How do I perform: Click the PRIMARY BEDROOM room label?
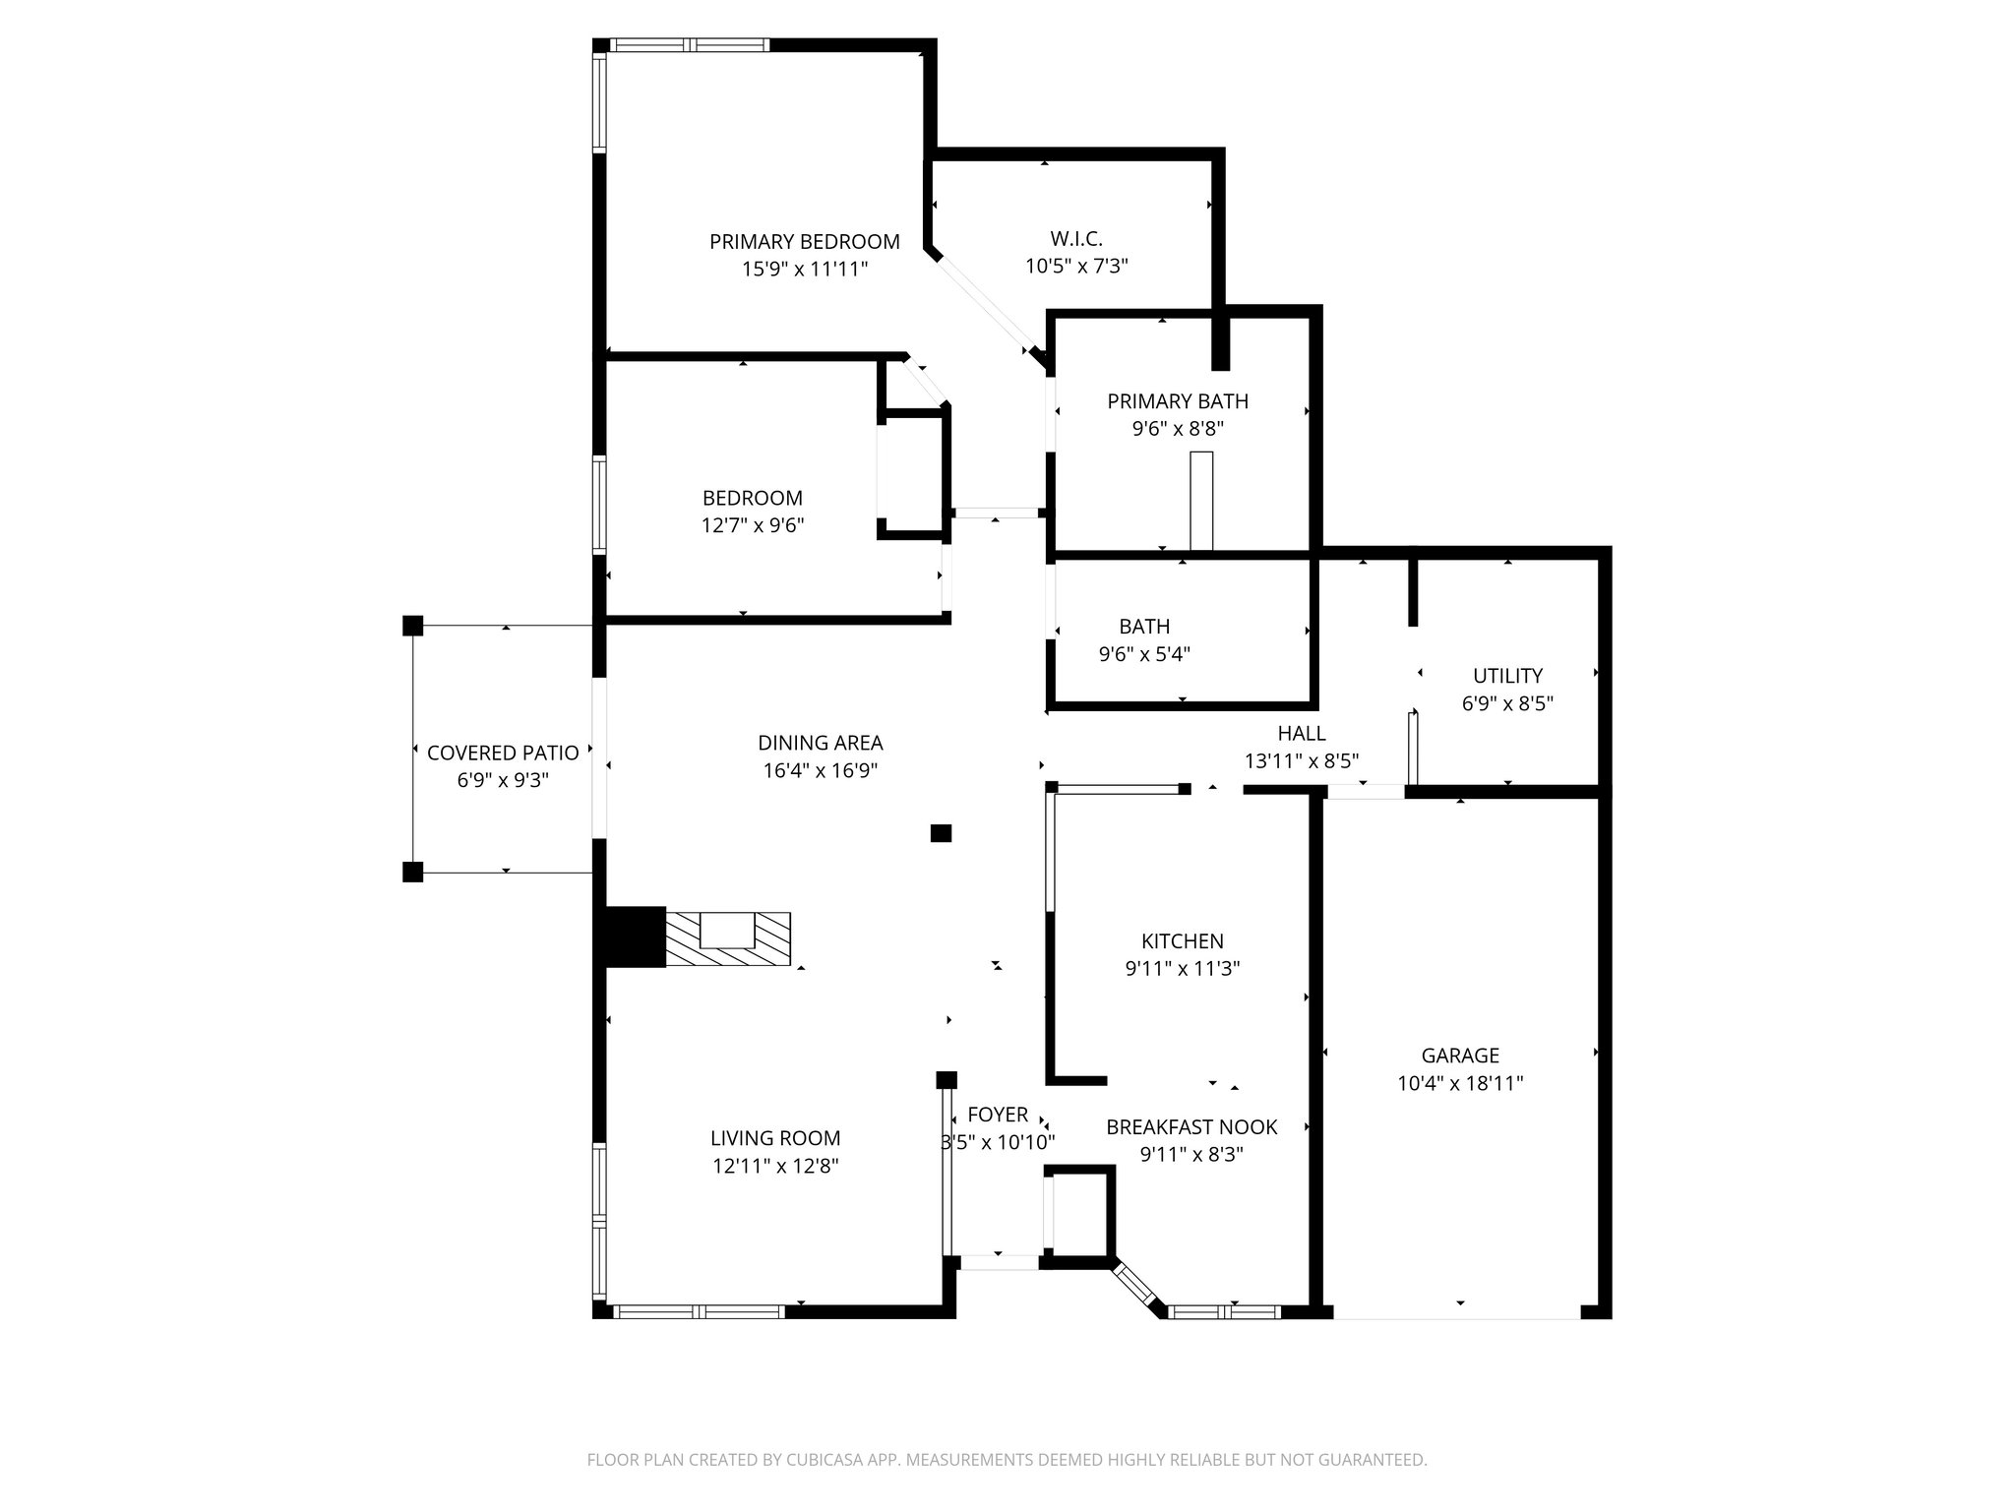pyautogui.click(x=805, y=241)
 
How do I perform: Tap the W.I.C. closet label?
pyautogui.click(x=1076, y=238)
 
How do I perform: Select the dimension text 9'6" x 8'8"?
pyautogui.click(x=1178, y=429)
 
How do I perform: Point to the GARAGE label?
pyautogui.click(x=1460, y=1056)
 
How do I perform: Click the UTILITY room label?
pyautogui.click(x=1507, y=676)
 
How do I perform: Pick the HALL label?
pyautogui.click(x=1302, y=733)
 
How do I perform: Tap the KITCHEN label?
pyautogui.click(x=1183, y=941)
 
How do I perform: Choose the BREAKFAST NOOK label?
pyautogui.click(x=1191, y=1127)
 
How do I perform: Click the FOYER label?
pyautogui.click(x=998, y=1115)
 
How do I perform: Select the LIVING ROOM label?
pyautogui.click(x=775, y=1138)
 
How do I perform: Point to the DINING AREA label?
pyautogui.click(x=821, y=743)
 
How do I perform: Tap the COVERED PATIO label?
pyautogui.click(x=503, y=754)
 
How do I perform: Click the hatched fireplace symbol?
pyautogui.click(x=728, y=939)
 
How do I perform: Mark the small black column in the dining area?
pyautogui.click(x=941, y=833)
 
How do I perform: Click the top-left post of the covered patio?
pyautogui.click(x=413, y=626)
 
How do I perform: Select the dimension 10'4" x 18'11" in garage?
pyautogui.click(x=1460, y=1084)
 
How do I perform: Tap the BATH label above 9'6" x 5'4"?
pyautogui.click(x=1144, y=627)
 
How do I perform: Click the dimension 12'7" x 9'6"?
pyautogui.click(x=753, y=525)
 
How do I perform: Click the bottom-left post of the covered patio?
pyautogui.click(x=413, y=872)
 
